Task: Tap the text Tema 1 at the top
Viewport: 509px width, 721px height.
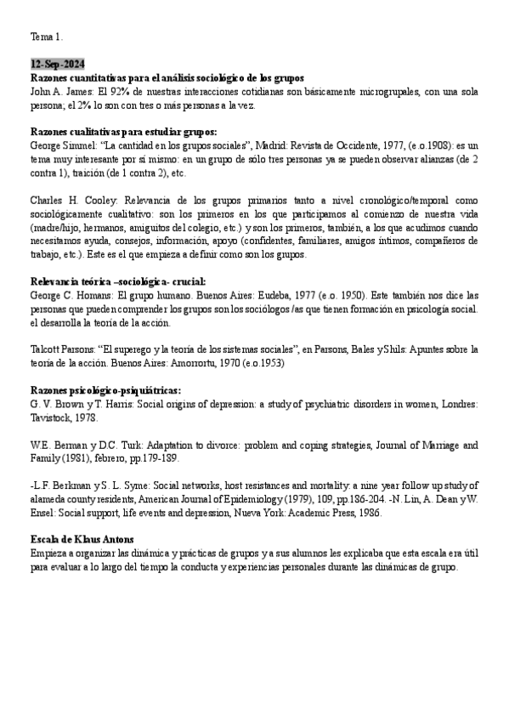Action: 47,37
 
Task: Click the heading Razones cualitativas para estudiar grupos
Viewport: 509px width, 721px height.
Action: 124,132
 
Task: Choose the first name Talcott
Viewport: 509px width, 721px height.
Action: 45,349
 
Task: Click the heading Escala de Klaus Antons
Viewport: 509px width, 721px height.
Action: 82,539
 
